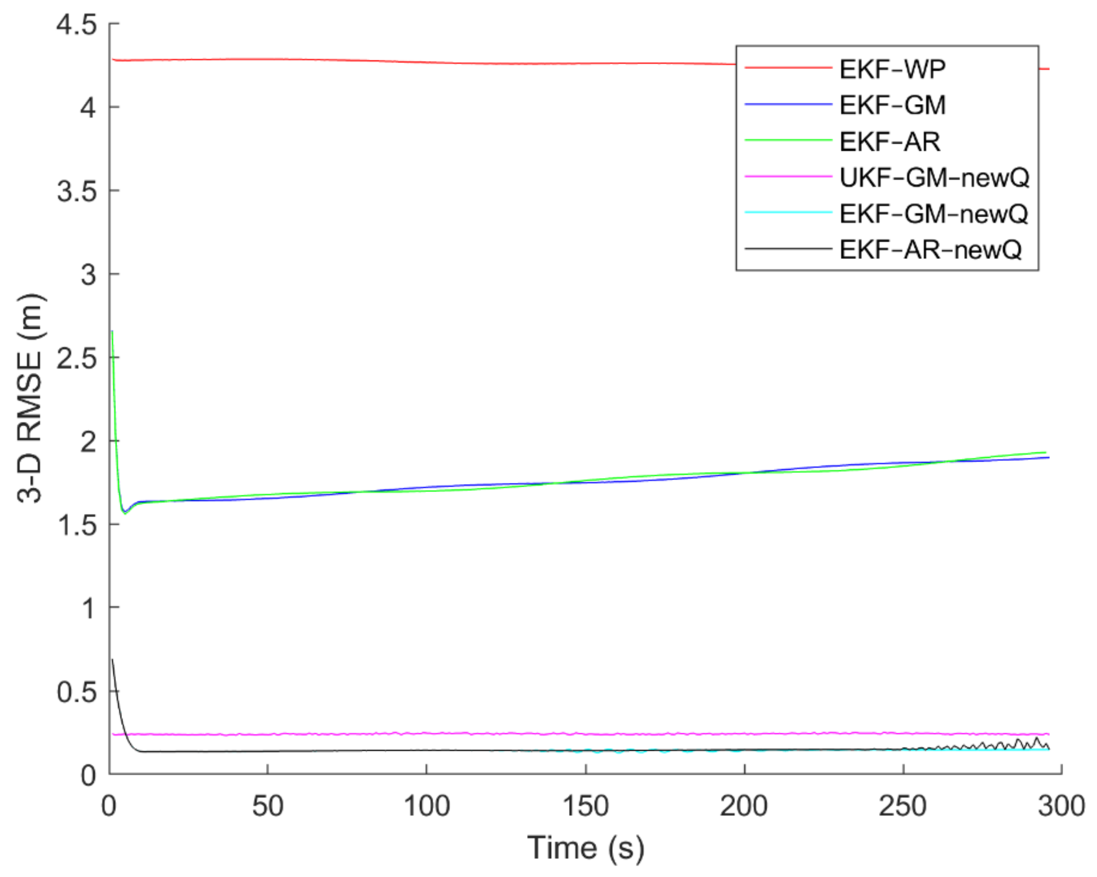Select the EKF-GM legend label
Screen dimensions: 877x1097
[892, 105]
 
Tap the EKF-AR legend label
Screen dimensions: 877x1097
[890, 141]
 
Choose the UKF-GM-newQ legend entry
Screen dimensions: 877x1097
[934, 177]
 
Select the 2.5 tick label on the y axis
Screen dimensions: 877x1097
[76, 358]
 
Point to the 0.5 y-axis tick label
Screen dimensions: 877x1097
[76, 692]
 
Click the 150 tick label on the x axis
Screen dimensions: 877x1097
[585, 806]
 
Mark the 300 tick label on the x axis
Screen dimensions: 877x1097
[1061, 806]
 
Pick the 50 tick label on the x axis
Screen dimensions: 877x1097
[268, 806]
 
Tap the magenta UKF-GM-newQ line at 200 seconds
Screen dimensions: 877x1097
[745, 734]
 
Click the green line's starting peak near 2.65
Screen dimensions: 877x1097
[112, 332]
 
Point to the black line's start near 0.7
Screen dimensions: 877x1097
[112, 660]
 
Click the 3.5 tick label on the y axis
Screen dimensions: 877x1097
[76, 191]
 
